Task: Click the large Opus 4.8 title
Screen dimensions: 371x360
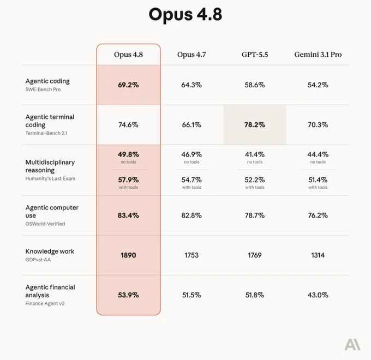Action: click(x=185, y=14)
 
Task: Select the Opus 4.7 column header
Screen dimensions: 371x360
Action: click(x=192, y=55)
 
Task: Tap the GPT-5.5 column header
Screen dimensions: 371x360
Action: click(x=255, y=55)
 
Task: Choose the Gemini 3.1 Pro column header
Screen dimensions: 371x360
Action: click(x=318, y=55)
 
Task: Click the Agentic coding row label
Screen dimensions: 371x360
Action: click(x=47, y=81)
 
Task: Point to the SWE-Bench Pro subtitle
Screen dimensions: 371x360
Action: click(x=43, y=89)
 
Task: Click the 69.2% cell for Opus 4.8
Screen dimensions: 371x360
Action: click(x=128, y=85)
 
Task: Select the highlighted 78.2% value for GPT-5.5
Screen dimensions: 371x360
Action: click(x=255, y=125)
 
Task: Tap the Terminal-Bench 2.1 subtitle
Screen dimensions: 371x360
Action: click(x=46, y=133)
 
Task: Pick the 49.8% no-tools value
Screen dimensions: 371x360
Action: click(x=128, y=154)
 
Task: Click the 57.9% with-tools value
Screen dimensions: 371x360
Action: click(x=128, y=180)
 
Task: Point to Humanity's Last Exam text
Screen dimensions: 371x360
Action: click(x=50, y=178)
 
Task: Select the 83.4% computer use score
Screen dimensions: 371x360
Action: click(x=128, y=215)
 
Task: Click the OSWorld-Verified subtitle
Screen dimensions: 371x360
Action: click(x=45, y=224)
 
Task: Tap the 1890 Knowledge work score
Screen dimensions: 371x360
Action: click(x=128, y=255)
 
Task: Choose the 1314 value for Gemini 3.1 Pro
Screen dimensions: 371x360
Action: click(x=318, y=255)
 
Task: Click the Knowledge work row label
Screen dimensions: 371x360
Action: click(x=50, y=251)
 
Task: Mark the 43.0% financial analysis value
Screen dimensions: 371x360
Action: click(x=318, y=295)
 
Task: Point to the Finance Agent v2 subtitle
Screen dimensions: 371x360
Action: click(x=45, y=303)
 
